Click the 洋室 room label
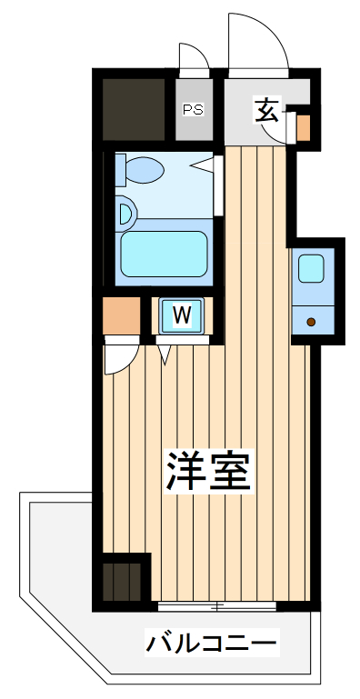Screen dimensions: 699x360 (208, 470)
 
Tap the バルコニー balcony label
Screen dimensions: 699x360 (211, 645)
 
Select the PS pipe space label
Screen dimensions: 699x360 (193, 110)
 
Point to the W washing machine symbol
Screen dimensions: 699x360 (182, 315)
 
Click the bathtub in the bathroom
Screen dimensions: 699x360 (163, 254)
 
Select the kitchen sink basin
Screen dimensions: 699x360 (312, 268)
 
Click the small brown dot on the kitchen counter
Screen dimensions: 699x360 (311, 321)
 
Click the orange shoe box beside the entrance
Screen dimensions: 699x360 (303, 128)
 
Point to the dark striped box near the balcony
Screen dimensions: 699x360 (123, 580)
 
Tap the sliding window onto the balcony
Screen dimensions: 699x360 (215, 604)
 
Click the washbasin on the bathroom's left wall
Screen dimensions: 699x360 (125, 215)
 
